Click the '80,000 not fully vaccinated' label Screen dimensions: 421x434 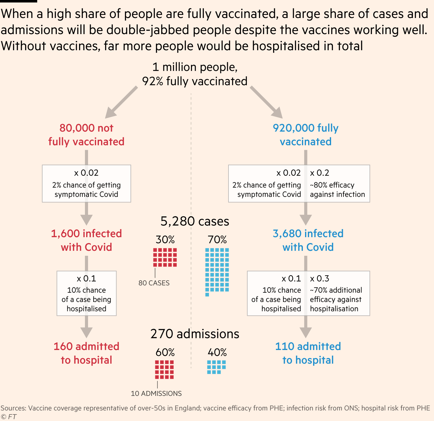[x=86, y=135]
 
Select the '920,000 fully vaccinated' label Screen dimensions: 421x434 [x=306, y=135]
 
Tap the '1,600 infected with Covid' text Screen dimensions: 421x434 [x=86, y=240]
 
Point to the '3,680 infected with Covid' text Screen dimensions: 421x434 [x=308, y=240]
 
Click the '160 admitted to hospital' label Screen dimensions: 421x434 [x=86, y=353]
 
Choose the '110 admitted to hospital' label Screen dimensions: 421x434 [x=308, y=353]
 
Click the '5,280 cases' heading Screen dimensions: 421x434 [x=195, y=221]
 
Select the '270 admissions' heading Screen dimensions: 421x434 [x=195, y=334]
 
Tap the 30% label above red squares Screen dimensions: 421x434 [x=165, y=240]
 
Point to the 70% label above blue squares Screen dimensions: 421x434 [x=217, y=240]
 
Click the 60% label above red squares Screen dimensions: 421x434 [x=165, y=352]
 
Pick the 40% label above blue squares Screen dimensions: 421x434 [x=217, y=352]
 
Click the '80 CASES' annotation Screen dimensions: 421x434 [x=154, y=283]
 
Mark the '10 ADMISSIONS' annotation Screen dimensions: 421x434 [x=156, y=393]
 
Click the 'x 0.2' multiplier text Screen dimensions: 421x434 [x=320, y=173]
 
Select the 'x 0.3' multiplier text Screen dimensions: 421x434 [x=320, y=279]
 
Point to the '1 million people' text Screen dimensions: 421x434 [x=195, y=67]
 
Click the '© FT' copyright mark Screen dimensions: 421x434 [x=9, y=417]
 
